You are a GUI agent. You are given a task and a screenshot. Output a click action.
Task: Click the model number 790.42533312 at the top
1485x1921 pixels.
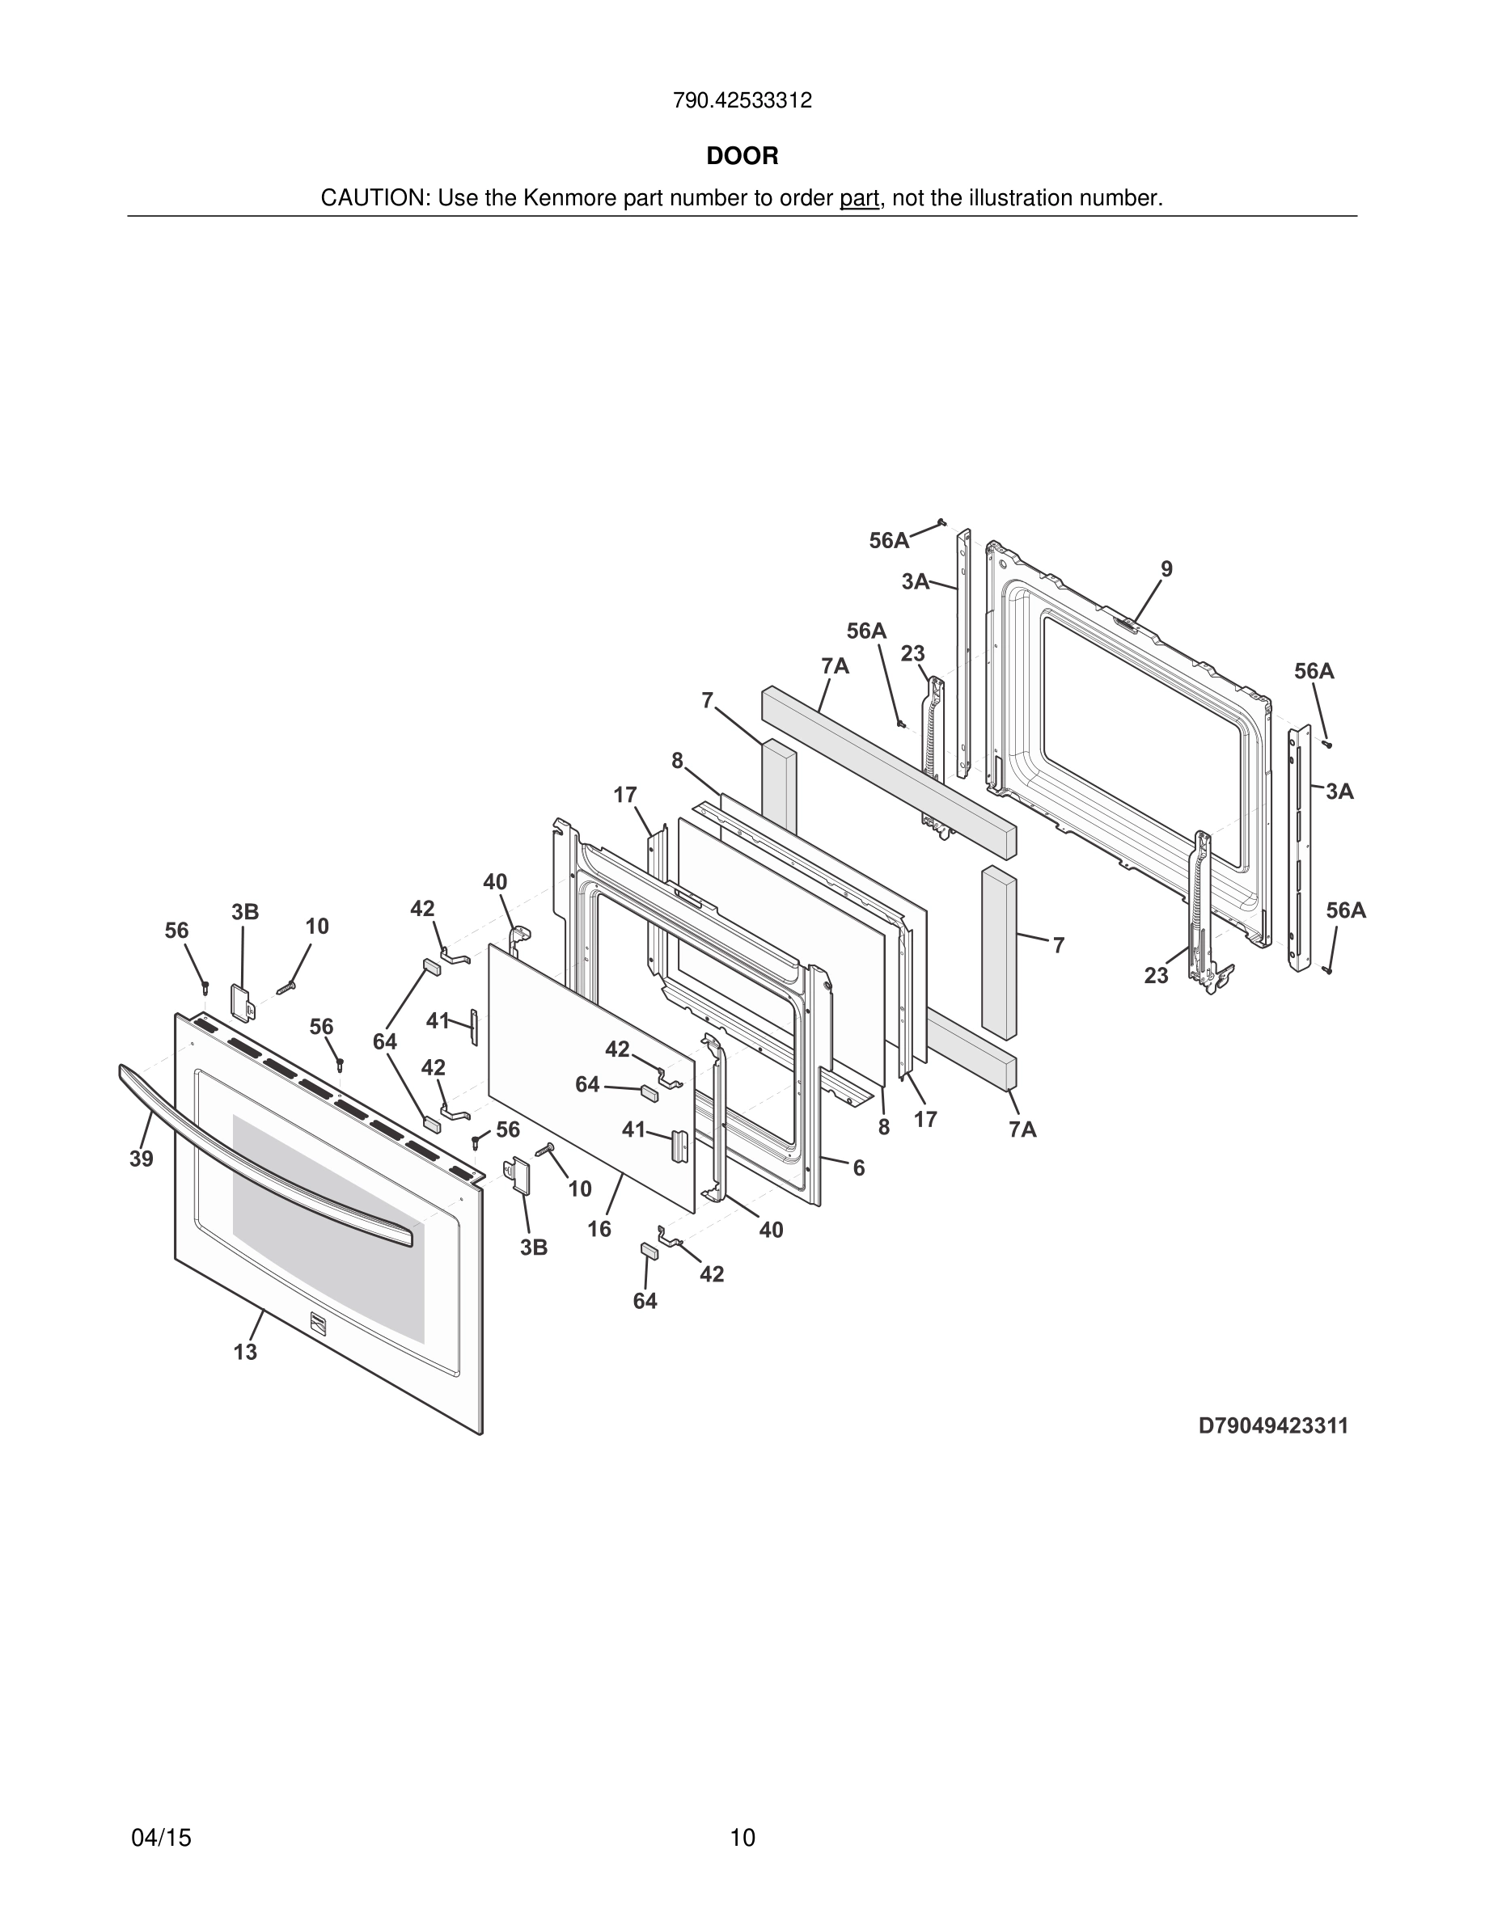742,101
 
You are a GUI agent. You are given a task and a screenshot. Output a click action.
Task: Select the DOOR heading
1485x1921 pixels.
742,157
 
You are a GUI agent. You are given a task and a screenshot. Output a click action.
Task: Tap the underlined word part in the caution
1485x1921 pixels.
859,199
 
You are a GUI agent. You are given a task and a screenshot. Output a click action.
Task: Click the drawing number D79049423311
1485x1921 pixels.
1273,1426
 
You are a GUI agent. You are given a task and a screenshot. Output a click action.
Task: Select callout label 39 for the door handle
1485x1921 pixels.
142,1159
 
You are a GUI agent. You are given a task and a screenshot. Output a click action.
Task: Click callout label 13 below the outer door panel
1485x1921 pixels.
245,1352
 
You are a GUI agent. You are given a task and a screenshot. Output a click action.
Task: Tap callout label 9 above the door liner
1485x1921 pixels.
1166,569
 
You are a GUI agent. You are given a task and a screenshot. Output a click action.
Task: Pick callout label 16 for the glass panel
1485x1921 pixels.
599,1229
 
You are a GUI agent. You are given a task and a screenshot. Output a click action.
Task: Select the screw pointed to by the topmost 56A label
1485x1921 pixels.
941,521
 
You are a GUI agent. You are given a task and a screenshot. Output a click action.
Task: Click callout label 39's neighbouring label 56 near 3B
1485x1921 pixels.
177,931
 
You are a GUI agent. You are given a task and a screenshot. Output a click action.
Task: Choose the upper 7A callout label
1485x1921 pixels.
835,667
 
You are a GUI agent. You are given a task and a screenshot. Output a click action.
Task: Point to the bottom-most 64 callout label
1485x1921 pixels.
645,1301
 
